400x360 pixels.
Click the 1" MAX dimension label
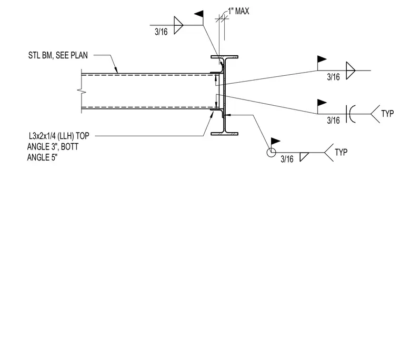[x=238, y=11]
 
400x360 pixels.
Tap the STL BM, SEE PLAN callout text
[x=58, y=55]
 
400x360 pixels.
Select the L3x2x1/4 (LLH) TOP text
[x=59, y=136]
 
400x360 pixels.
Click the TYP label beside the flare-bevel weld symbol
[x=387, y=114]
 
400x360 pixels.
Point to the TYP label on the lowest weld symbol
[x=341, y=152]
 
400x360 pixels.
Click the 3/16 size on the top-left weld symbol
[x=161, y=32]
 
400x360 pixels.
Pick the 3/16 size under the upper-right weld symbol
[x=333, y=77]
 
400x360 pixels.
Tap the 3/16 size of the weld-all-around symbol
[x=287, y=159]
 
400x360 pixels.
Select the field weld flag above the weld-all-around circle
[x=275, y=141]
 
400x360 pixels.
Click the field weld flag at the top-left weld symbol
[x=199, y=14]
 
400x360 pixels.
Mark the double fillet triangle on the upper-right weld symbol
[x=351, y=71]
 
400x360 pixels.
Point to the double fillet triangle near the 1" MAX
[x=178, y=25]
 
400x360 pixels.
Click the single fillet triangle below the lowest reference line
[x=304, y=157]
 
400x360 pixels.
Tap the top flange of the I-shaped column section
[x=225, y=57]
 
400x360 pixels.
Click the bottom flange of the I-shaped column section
[x=225, y=134]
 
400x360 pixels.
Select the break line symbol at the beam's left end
[x=82, y=91]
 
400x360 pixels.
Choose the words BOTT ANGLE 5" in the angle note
[x=53, y=152]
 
